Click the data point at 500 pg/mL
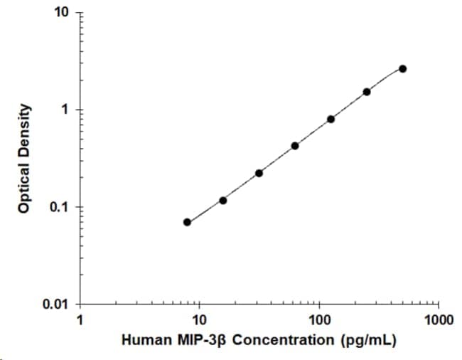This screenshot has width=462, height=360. tap(403, 68)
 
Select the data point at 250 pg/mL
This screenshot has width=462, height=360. tap(367, 91)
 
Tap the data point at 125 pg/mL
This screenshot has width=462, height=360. tap(331, 119)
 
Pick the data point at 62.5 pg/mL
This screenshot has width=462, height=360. tap(295, 146)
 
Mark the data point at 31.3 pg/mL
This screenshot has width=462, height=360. tap(259, 173)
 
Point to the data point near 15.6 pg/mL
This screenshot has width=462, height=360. tap(223, 201)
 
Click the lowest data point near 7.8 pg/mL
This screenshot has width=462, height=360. tap(187, 222)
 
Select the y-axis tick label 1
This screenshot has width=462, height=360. tap(66, 110)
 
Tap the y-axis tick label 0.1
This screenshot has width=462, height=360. tap(62, 208)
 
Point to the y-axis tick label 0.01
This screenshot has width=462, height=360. tap(58, 305)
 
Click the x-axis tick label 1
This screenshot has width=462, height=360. tap(80, 319)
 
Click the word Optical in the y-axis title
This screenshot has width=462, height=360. tap(25, 188)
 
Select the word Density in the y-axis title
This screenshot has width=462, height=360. tap(25, 131)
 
